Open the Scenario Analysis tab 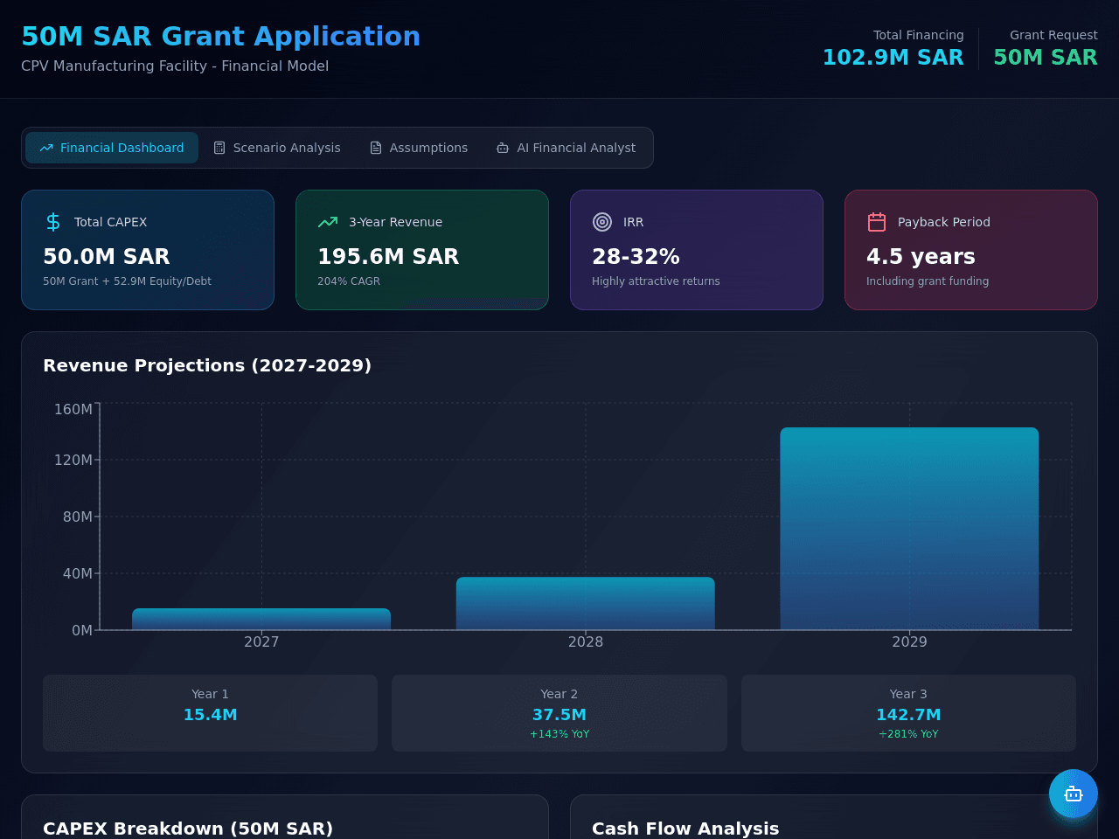277,148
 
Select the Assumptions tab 419,148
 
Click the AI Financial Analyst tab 566,148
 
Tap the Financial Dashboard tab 112,148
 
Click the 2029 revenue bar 909,529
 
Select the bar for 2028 585,604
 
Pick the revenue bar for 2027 261,620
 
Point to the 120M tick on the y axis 73,460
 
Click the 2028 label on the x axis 585,641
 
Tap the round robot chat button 1074,794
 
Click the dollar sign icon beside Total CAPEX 53,222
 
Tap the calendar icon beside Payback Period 876,222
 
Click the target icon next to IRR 602,222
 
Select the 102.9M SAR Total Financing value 893,57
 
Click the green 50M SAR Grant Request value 1045,57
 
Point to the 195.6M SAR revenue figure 388,256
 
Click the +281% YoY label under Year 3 908,734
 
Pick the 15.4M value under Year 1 210,715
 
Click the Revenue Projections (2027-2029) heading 207,365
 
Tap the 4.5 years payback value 921,256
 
